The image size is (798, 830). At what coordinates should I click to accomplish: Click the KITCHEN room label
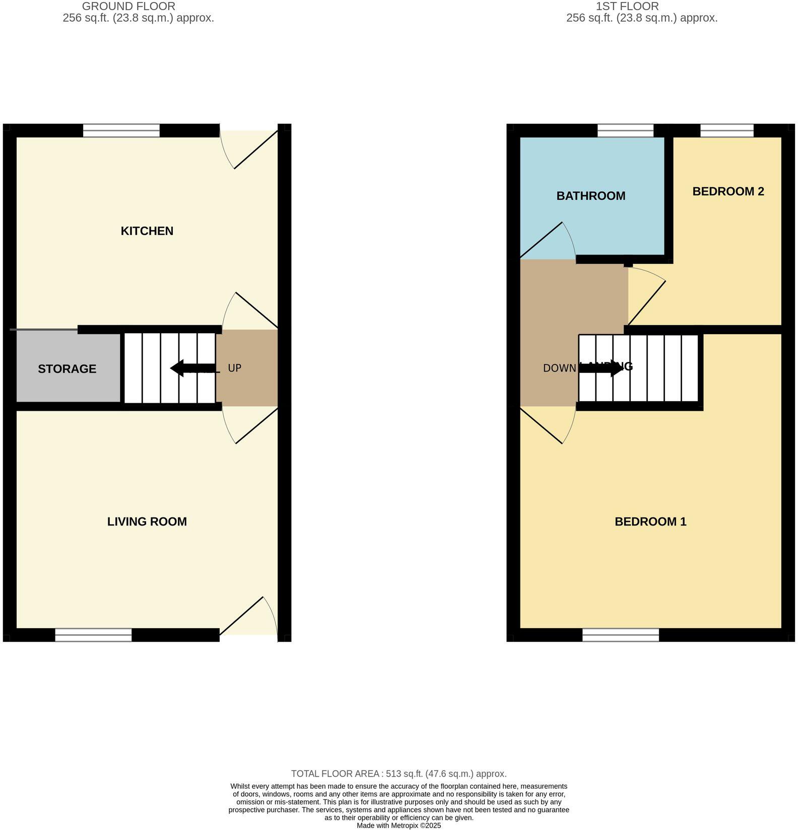tap(147, 231)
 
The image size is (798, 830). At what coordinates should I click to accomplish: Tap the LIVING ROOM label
tap(147, 521)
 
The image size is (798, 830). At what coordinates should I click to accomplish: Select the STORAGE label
tap(67, 369)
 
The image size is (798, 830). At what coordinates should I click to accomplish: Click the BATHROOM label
tap(590, 196)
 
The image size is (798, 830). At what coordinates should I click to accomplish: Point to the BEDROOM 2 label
tap(728, 191)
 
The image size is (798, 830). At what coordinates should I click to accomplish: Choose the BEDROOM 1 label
tap(650, 521)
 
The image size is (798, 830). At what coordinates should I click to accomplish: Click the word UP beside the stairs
tap(235, 368)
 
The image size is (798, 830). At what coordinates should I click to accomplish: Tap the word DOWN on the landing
tap(559, 368)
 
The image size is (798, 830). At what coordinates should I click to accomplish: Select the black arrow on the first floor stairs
tap(605, 368)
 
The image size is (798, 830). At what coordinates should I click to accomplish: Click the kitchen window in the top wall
tap(121, 131)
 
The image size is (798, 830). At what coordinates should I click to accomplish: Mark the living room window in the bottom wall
tap(93, 635)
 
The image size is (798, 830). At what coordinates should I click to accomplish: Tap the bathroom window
tap(625, 131)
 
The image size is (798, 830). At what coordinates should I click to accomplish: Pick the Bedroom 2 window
tap(727, 131)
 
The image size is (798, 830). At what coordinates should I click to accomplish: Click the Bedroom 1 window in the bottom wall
tap(621, 635)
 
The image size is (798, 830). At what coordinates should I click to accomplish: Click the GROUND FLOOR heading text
tap(128, 7)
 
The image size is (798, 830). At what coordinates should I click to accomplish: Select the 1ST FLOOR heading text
tap(627, 7)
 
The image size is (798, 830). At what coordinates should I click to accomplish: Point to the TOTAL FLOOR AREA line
tap(398, 774)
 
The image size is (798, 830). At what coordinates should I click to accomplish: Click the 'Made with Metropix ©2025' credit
tap(398, 825)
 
